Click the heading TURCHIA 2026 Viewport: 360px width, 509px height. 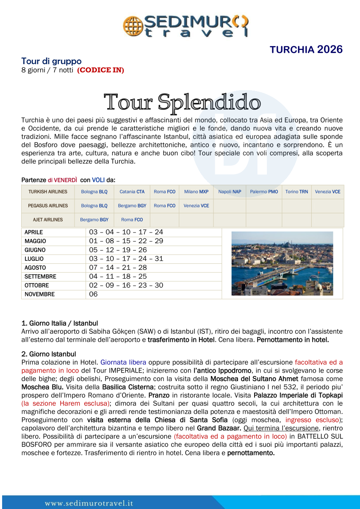pos(306,50)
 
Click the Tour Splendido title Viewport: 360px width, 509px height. pos(182,102)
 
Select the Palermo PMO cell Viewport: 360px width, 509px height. pos(264,192)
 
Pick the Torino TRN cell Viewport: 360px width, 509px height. pos(296,192)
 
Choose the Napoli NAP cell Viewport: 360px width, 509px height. pos(230,192)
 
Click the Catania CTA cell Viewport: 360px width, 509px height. pos(132,192)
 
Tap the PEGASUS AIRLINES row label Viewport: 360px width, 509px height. pos(48,206)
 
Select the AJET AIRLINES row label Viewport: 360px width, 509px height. pos(48,220)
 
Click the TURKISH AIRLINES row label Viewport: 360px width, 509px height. pos(48,192)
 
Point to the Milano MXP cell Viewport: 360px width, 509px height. pos(196,192)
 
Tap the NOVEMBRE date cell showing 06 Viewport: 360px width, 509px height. pos(93,294)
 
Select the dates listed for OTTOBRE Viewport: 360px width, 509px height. pos(126,285)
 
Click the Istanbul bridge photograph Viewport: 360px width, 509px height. pos(282,263)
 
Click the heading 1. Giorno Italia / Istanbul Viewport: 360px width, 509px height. pos(60,323)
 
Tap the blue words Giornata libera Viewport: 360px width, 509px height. pos(123,362)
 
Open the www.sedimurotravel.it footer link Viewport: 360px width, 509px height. pos(89,503)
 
